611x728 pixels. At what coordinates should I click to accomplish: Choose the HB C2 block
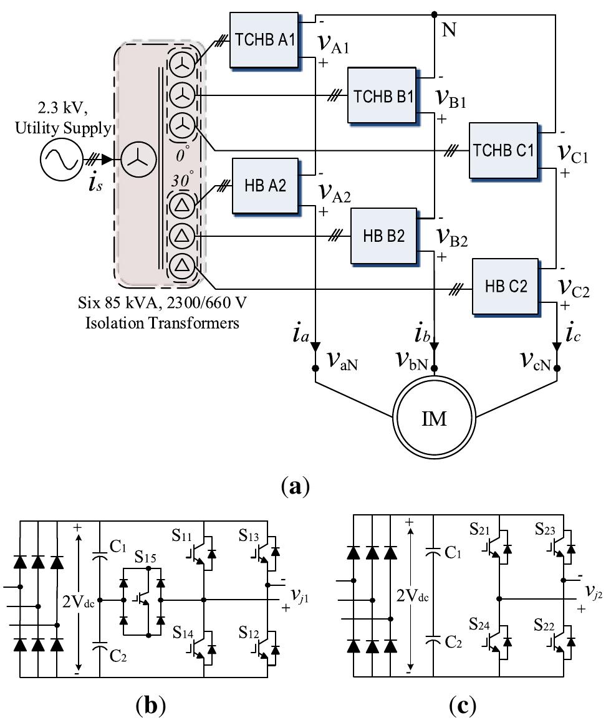pos(506,287)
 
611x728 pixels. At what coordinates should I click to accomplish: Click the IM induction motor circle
pos(435,418)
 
